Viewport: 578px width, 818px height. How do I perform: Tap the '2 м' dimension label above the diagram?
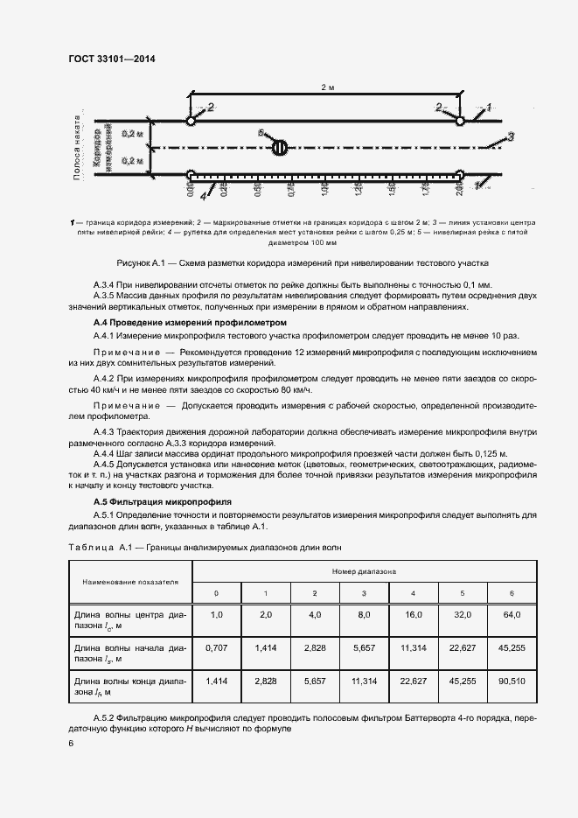tap(326, 88)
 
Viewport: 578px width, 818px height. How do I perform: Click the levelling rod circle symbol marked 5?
tap(279, 147)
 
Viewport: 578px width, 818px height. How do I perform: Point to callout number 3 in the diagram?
tap(511, 136)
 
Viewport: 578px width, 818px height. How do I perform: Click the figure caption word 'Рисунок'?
tap(136, 262)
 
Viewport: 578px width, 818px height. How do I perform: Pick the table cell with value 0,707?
tap(216, 647)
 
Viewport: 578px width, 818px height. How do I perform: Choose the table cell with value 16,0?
tap(413, 615)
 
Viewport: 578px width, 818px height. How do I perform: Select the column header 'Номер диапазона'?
tap(364, 570)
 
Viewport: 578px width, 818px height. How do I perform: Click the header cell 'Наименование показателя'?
tap(130, 581)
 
